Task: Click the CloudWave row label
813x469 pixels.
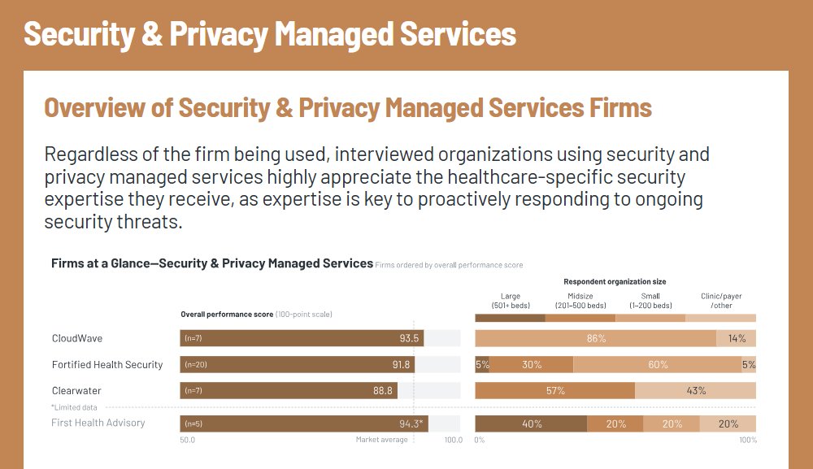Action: pyautogui.click(x=76, y=338)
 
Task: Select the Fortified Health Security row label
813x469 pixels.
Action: pyautogui.click(x=107, y=365)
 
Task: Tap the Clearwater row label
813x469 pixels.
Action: pyautogui.click(x=76, y=391)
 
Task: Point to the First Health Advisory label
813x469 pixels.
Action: pyautogui.click(x=98, y=423)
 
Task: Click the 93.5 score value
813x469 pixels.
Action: pyautogui.click(x=409, y=338)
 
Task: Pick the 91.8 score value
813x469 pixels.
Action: pyautogui.click(x=401, y=365)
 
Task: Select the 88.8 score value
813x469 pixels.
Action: pyautogui.click(x=383, y=391)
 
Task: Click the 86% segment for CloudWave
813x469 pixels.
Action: pyautogui.click(x=596, y=338)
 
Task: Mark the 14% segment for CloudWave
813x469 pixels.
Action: pyautogui.click(x=737, y=338)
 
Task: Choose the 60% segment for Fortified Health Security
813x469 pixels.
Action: pyautogui.click(x=658, y=365)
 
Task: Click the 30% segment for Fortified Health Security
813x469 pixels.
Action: pyautogui.click(x=532, y=365)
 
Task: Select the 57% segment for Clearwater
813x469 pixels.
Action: pyautogui.click(x=555, y=391)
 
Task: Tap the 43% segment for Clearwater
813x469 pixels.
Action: pyautogui.click(x=696, y=391)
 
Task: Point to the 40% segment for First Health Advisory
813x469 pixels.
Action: pyautogui.click(x=532, y=423)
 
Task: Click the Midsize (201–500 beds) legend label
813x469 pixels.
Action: pyautogui.click(x=580, y=301)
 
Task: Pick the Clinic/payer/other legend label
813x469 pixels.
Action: pyautogui.click(x=721, y=301)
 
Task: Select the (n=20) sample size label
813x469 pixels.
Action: pyautogui.click(x=196, y=365)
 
